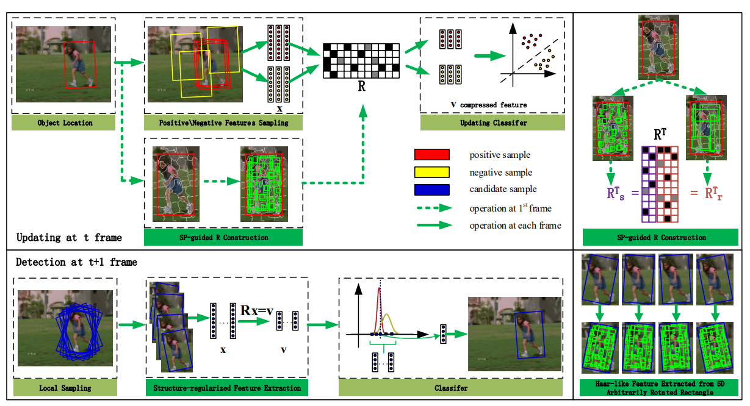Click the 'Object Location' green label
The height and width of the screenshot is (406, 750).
coord(63,123)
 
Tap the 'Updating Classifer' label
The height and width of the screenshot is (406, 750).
coord(492,123)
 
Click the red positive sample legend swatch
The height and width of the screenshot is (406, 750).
coord(431,155)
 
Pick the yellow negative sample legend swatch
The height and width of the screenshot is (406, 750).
coord(431,173)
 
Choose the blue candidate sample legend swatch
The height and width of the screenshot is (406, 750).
coord(431,190)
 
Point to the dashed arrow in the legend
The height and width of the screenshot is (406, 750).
coord(434,208)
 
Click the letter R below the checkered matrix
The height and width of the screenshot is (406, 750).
coord(361,87)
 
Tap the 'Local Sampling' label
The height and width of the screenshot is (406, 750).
coord(65,388)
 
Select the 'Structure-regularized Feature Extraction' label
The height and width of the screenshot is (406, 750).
coord(227,388)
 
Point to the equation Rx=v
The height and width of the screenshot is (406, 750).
coord(256,311)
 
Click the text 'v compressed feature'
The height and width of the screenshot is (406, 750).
coord(488,104)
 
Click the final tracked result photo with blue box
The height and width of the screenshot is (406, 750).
coord(514,333)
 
